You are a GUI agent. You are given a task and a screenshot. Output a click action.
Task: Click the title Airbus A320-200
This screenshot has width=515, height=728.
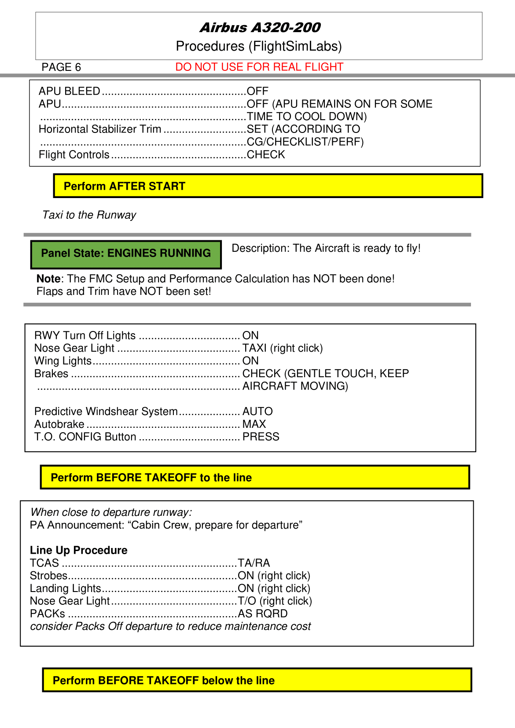click(260, 28)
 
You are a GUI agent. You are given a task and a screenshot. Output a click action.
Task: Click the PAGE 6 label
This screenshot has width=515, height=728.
click(61, 67)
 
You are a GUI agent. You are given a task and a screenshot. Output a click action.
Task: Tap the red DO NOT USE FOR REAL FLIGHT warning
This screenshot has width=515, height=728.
click(259, 67)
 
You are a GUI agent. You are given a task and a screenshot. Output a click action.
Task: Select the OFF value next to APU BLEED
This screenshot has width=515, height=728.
click(257, 91)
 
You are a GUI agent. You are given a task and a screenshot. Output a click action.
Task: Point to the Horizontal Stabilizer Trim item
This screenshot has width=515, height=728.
click(100, 129)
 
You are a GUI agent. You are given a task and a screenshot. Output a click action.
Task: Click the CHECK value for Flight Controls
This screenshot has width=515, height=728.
click(266, 154)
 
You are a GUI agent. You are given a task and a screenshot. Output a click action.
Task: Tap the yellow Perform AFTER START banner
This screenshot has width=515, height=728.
click(268, 186)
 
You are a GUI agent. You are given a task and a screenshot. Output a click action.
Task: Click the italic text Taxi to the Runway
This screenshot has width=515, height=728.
click(89, 215)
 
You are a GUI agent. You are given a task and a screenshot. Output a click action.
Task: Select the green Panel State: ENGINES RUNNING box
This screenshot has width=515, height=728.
click(126, 254)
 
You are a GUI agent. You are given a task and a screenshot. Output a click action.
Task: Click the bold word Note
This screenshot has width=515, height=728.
click(48, 279)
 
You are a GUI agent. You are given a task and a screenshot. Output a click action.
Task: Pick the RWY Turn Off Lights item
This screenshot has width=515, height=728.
click(85, 335)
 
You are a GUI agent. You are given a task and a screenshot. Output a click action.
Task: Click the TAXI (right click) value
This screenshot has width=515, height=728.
click(283, 348)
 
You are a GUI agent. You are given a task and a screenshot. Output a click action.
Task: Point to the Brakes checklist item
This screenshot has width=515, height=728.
click(51, 374)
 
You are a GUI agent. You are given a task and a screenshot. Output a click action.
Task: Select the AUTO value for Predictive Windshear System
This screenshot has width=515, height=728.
click(257, 412)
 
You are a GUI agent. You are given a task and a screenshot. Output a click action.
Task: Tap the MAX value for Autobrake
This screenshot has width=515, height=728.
click(254, 424)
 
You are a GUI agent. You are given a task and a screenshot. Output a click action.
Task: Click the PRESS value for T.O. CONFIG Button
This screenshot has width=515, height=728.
click(261, 437)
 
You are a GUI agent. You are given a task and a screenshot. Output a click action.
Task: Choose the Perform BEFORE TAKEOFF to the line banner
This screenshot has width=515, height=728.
click(255, 477)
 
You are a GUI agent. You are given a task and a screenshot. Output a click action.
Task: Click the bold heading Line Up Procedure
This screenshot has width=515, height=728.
click(79, 550)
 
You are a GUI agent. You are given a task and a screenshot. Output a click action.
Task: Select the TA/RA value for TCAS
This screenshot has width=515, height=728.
click(254, 563)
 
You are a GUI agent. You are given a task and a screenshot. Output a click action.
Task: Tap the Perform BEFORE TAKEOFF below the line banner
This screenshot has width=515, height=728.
click(257, 680)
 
